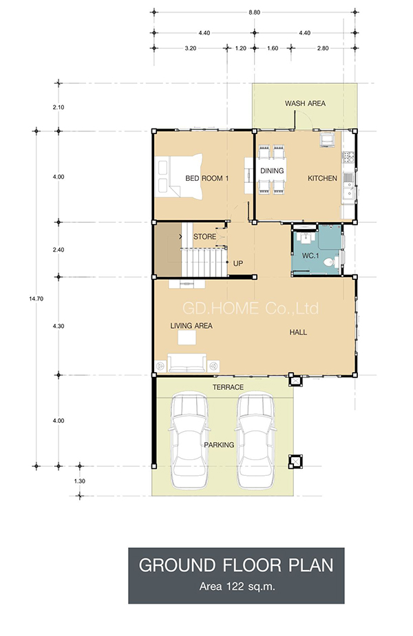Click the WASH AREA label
click(305, 103)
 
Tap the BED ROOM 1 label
click(206, 178)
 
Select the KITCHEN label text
click(322, 178)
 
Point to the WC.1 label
click(310, 256)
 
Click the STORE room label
click(204, 237)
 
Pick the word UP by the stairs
click(238, 263)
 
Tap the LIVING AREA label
click(191, 326)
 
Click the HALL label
click(298, 332)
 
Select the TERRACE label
click(229, 387)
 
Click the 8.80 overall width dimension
click(255, 12)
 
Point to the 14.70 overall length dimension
click(36, 299)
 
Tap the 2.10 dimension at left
click(59, 107)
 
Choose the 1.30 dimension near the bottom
click(80, 481)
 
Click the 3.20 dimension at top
click(191, 48)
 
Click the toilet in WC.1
click(331, 262)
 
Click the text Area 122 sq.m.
click(237, 586)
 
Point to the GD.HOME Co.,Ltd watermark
click(251, 309)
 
